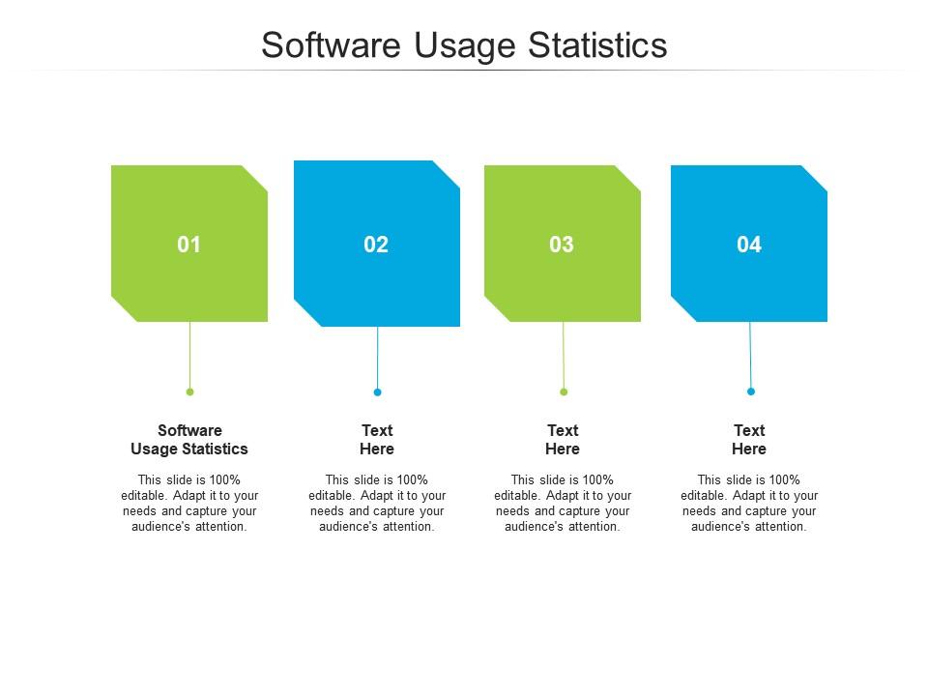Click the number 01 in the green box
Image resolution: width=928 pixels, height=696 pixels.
point(188,245)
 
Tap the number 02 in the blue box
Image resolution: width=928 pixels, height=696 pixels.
point(376,245)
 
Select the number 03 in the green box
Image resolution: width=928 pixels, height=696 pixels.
point(562,245)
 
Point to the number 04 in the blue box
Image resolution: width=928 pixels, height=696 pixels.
point(748,245)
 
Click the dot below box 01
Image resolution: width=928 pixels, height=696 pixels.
point(190,391)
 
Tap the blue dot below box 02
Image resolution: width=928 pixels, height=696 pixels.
point(378,391)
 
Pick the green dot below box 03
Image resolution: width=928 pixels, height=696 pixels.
point(564,391)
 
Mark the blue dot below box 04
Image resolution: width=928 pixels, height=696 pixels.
point(751,391)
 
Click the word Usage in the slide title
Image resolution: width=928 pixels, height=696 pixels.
point(465,46)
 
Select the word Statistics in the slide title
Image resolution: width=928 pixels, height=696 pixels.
point(597,45)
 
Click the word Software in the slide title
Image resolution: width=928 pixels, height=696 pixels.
point(332,45)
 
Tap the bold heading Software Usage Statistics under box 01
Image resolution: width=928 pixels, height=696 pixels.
point(189,440)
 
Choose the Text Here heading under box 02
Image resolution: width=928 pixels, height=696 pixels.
point(377,440)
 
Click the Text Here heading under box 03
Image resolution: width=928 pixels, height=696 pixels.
point(563,440)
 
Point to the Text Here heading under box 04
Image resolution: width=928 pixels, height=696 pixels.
point(749,440)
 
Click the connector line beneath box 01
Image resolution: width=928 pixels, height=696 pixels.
point(190,355)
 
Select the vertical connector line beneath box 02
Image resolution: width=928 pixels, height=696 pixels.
point(378,358)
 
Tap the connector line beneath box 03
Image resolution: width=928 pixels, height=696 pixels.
point(564,355)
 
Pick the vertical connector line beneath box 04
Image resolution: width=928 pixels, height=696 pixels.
point(750,355)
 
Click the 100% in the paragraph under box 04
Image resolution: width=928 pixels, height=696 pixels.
point(785,480)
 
